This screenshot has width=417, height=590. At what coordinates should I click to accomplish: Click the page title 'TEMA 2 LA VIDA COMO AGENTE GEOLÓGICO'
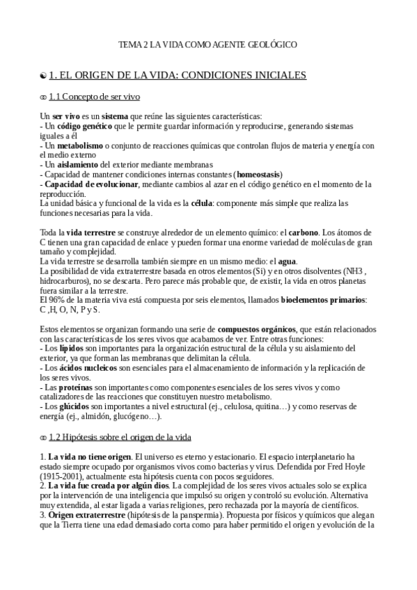[x=208, y=45]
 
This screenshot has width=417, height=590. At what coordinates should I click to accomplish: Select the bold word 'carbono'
[x=301, y=232]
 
